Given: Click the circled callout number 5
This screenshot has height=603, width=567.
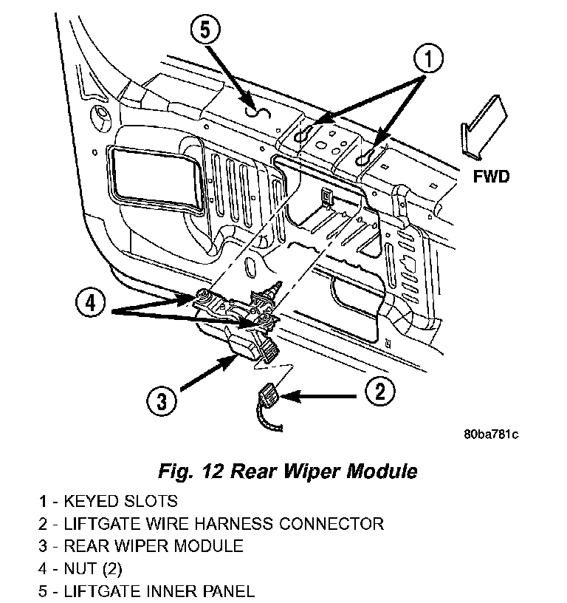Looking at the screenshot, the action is click(x=205, y=30).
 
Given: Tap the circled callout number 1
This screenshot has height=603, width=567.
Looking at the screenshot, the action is click(x=428, y=58).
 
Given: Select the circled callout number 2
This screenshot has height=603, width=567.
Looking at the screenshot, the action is click(x=379, y=391).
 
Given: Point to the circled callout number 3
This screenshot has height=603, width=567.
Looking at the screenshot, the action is click(x=162, y=401).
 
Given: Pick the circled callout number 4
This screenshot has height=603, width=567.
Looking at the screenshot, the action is click(x=91, y=304).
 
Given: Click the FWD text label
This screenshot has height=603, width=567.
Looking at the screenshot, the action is click(x=491, y=177).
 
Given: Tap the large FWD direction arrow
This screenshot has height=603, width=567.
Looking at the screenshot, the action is click(x=484, y=127).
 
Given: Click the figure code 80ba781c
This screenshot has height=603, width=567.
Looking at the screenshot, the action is click(x=491, y=435).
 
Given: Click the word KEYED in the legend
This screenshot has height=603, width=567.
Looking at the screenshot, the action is click(x=91, y=502).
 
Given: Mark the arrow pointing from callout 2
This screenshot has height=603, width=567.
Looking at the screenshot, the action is click(x=318, y=396).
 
